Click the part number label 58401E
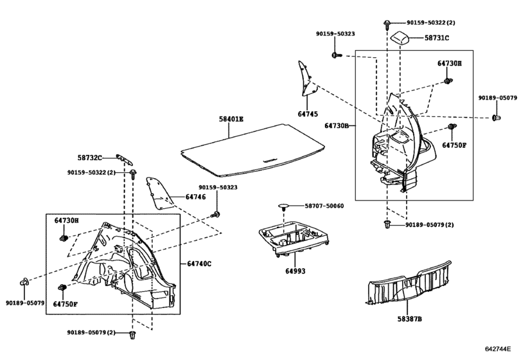[x=231, y=119]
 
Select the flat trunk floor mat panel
[x=252, y=150]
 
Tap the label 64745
[x=308, y=114]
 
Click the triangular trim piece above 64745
[x=308, y=78]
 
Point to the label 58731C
[x=437, y=38]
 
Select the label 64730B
[x=337, y=125]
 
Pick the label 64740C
[x=199, y=264]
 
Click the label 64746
[x=195, y=197]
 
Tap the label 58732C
[x=90, y=157]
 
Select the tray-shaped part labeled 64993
[x=294, y=239]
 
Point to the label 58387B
[x=410, y=319]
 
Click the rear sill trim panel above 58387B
[x=409, y=283]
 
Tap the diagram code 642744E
[x=497, y=348]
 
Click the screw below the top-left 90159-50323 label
[x=336, y=55]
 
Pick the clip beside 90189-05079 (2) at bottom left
[x=132, y=334]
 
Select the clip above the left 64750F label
[x=62, y=287]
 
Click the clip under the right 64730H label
[x=448, y=81]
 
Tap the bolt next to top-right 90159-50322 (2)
[x=387, y=24]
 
